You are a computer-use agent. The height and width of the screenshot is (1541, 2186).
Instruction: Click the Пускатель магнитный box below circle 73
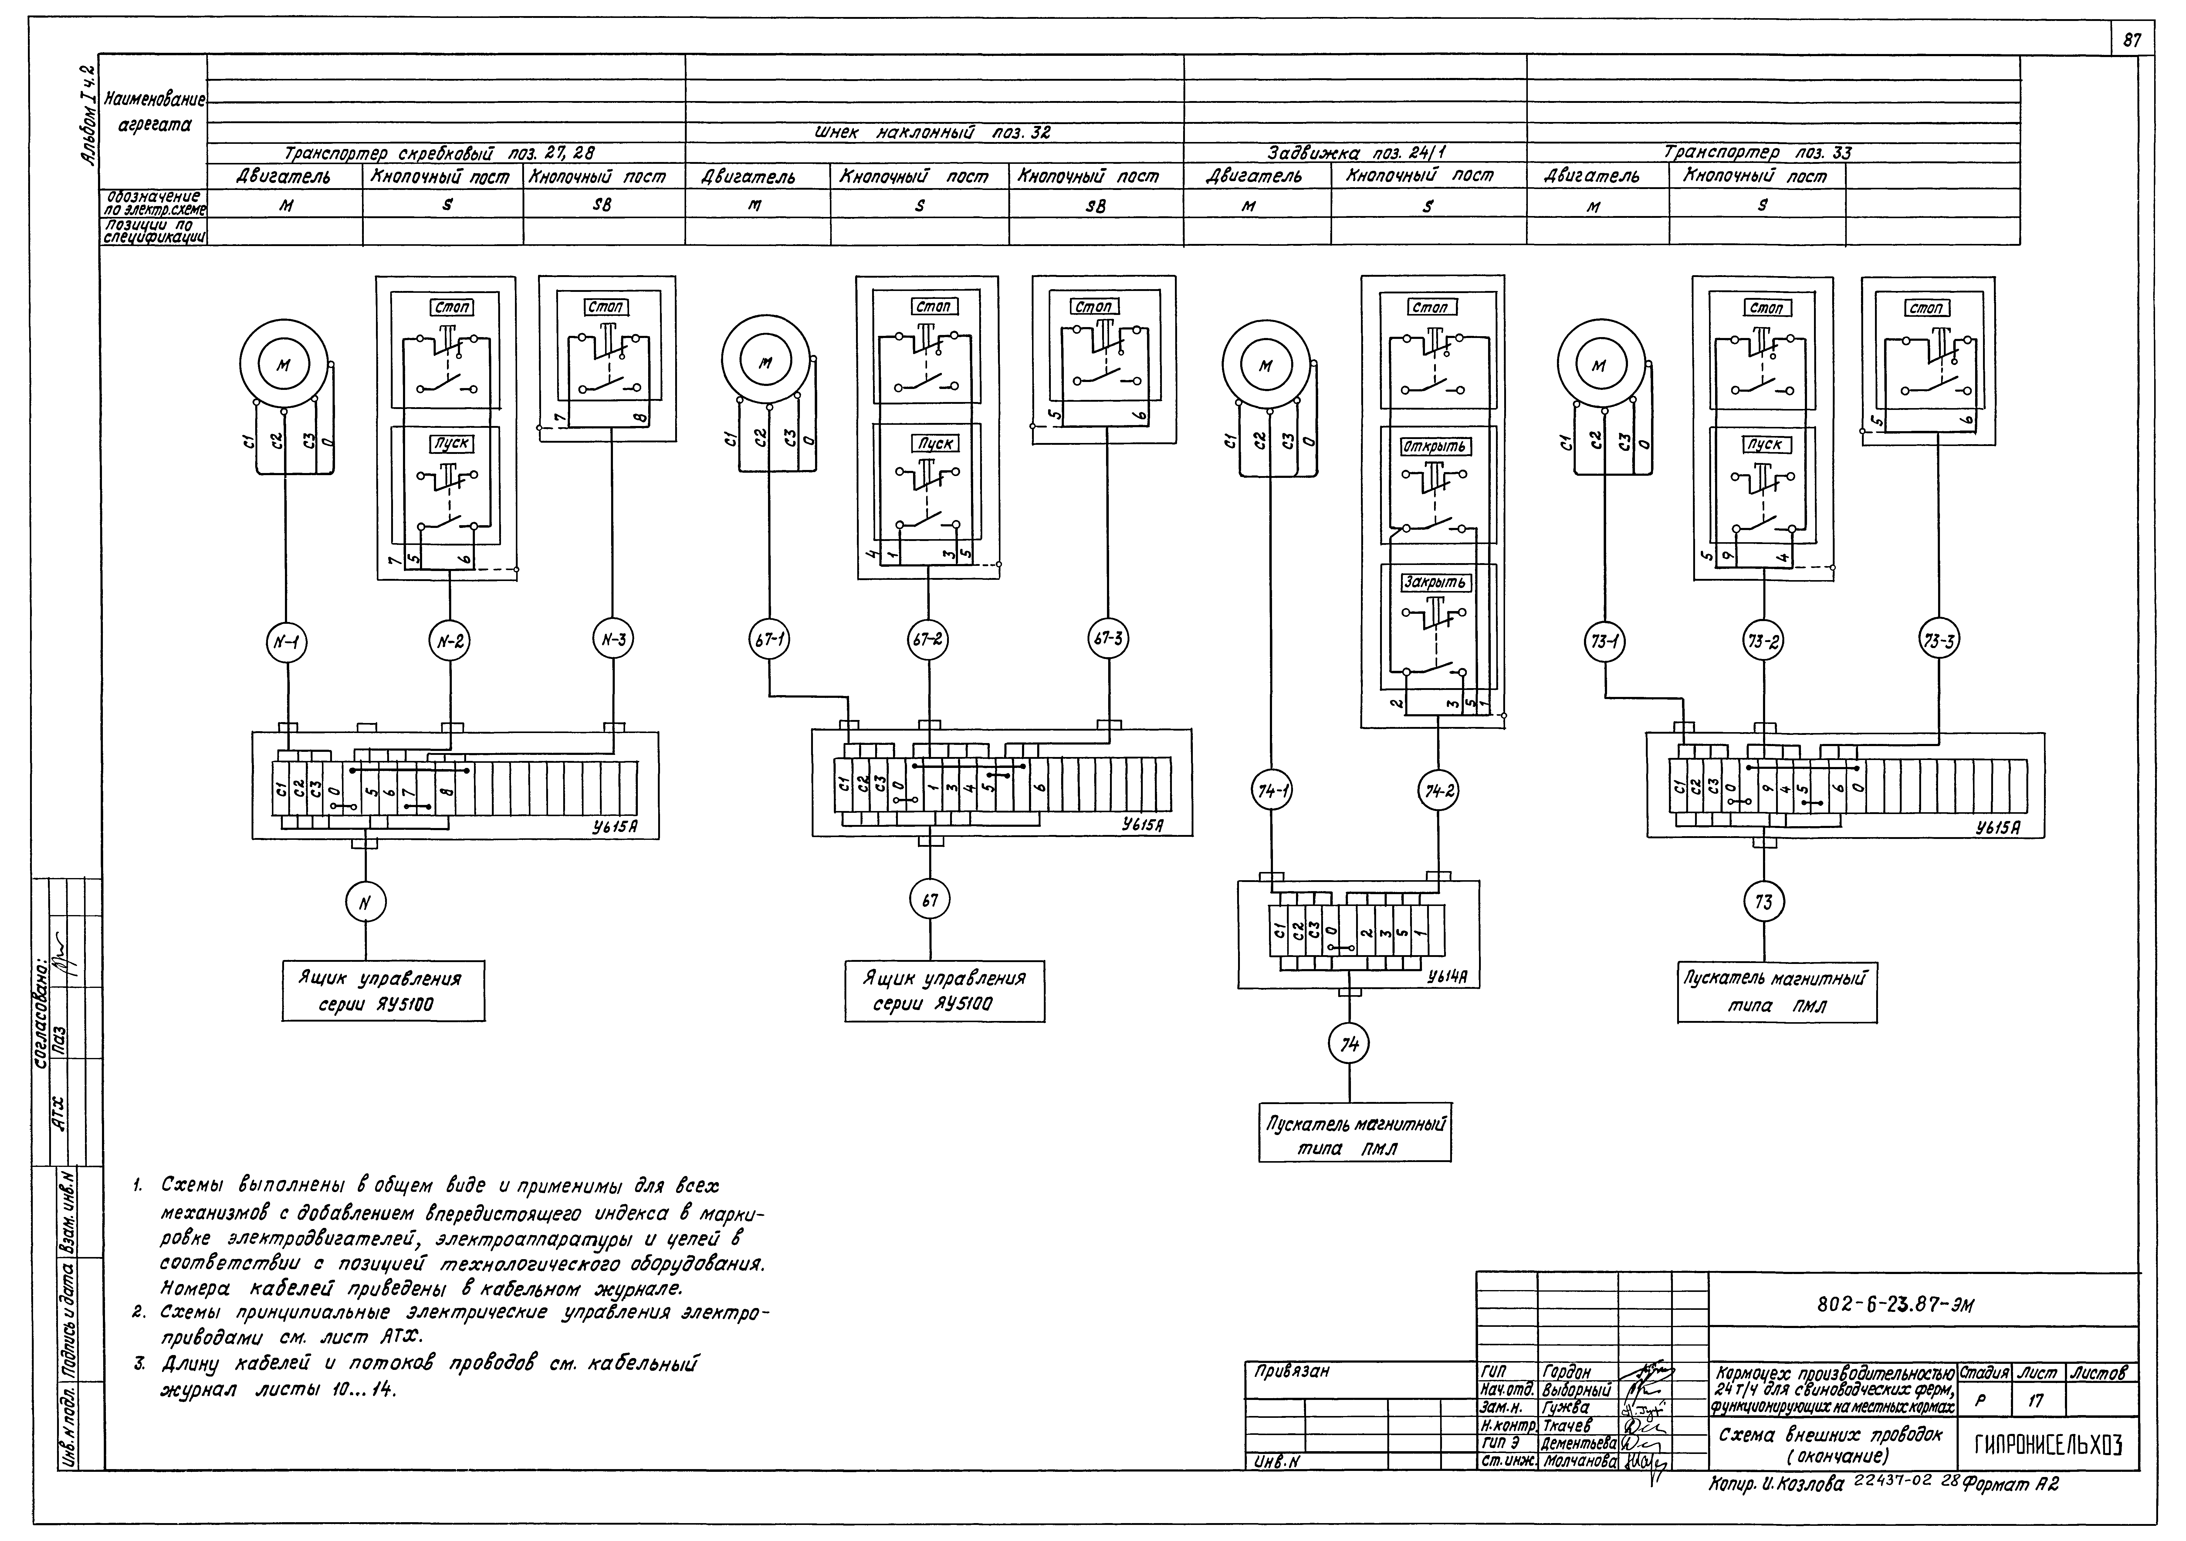(x=1777, y=993)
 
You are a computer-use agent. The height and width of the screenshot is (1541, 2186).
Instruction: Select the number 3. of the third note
(x=140, y=1365)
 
